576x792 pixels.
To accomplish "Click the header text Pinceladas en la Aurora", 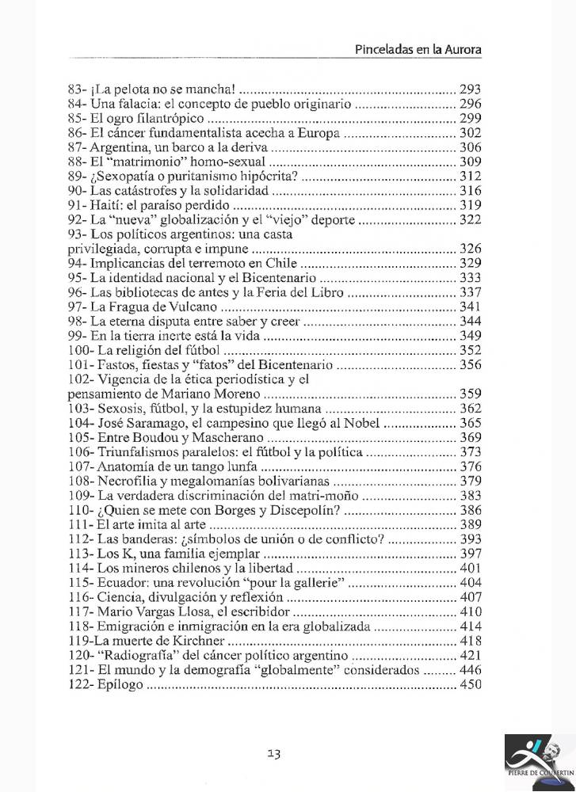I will click(x=418, y=49).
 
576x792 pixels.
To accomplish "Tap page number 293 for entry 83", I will click(x=470, y=89).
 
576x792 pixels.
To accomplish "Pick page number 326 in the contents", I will click(x=470, y=249).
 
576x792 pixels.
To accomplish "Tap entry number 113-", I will click(x=80, y=553).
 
